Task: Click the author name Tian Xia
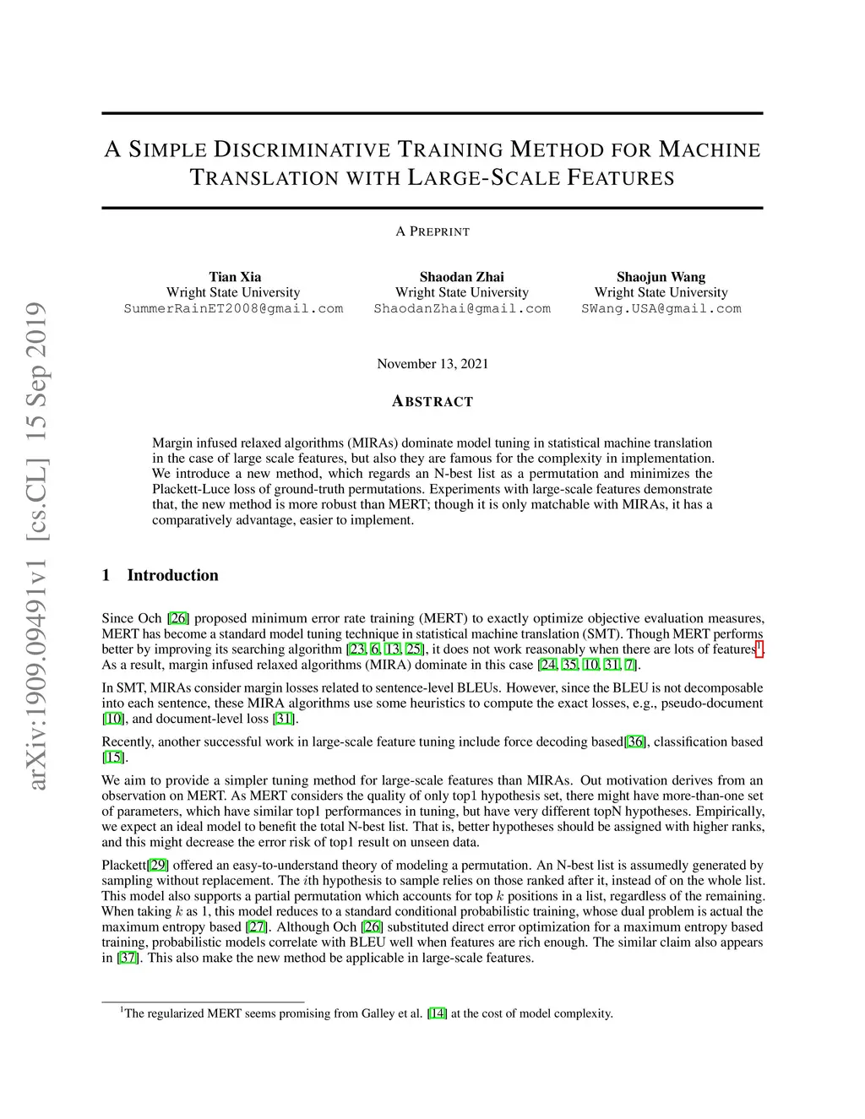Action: coord(235,277)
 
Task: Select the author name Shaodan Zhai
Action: coord(461,277)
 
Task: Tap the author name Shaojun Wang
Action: coord(661,277)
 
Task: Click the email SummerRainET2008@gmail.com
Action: coord(233,308)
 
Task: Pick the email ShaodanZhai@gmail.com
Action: coord(462,308)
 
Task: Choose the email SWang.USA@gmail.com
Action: coord(661,308)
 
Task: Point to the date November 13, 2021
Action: coord(432,364)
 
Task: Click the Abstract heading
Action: coord(432,402)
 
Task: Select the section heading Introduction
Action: coord(172,575)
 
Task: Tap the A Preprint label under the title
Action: coord(432,231)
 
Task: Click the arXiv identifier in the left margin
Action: coord(36,545)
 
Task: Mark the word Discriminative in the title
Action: coord(302,150)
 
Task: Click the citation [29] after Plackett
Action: coord(158,865)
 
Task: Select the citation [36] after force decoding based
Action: coord(635,741)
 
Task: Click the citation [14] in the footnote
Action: coord(438,1013)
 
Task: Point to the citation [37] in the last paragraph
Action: coord(128,958)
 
